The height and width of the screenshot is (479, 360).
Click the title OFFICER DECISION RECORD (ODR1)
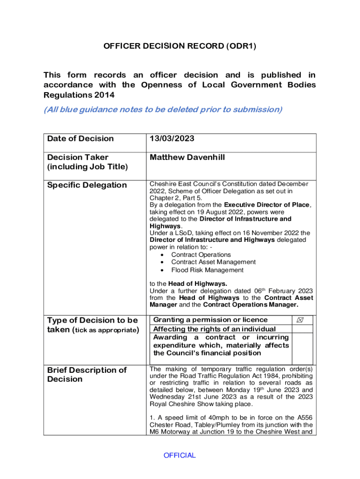pos(180,46)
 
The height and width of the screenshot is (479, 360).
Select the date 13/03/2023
pos(172,138)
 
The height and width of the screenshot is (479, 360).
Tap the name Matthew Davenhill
pos(187,158)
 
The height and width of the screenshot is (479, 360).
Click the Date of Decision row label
pos(80,138)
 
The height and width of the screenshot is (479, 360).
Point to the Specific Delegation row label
pos(87,185)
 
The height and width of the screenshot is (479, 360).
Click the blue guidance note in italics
pos(163,109)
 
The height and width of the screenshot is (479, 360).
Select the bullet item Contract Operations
pos(201,254)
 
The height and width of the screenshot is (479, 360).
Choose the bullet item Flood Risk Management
pos(207,270)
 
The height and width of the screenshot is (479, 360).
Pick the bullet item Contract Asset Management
pos(213,262)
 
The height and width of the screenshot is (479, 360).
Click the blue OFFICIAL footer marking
pos(180,456)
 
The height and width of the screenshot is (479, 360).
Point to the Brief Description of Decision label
pos(87,374)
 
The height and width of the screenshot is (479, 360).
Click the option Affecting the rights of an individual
pos(215,329)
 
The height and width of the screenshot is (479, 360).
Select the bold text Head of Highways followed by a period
pos(198,283)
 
